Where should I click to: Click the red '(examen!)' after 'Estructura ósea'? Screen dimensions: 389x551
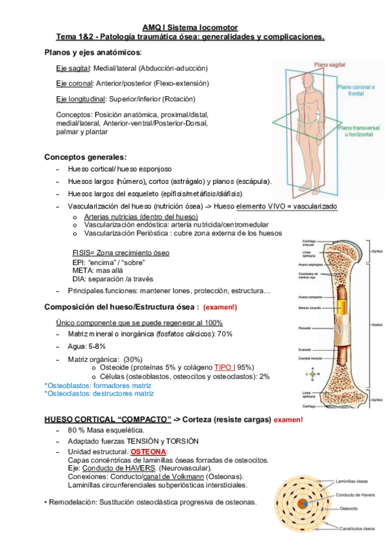[220, 307]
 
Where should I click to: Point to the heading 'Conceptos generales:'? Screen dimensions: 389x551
[85, 157]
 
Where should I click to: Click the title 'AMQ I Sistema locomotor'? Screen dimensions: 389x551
[190, 28]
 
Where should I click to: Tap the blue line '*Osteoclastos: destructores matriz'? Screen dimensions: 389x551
[99, 393]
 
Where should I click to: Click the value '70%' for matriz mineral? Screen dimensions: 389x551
[225, 334]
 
